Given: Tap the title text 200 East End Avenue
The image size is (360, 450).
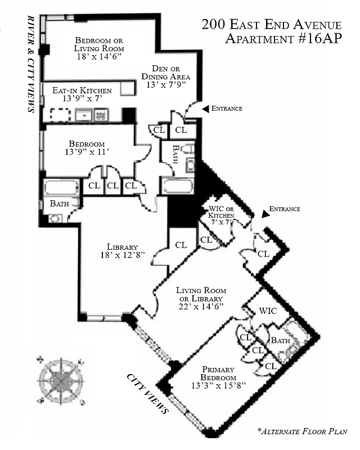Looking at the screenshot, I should point(271,25).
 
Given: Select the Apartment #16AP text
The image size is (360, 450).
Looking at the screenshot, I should point(283,39).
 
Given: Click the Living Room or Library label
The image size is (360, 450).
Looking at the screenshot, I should point(200,298).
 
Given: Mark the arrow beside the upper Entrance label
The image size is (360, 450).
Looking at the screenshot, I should point(205,109).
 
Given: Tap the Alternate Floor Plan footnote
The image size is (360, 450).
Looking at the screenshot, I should point(302,431).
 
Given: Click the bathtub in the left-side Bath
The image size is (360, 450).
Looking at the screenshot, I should point(62,187).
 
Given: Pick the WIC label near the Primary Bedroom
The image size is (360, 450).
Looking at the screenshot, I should point(267,311).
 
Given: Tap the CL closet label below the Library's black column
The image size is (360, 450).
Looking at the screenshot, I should point(181,245).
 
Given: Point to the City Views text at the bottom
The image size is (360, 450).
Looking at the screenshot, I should point(148,393).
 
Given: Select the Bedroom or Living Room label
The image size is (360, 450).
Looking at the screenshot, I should point(99,46).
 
